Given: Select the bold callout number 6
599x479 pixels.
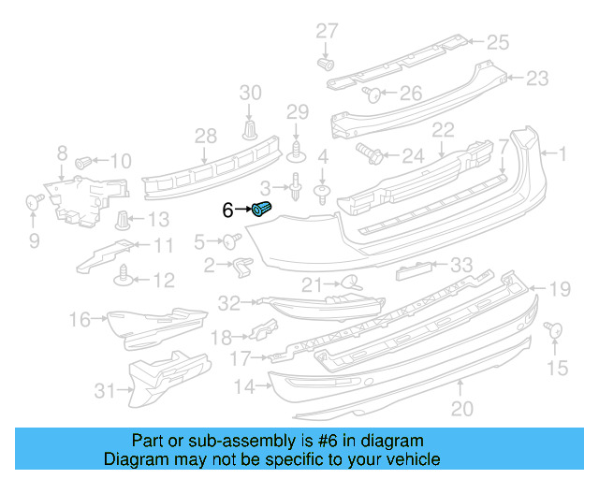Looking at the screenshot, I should point(227,210).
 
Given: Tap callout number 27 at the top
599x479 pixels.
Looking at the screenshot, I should point(326,31).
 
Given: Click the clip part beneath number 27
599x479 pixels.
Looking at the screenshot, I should point(327,64).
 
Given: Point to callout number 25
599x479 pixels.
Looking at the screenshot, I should point(497,41).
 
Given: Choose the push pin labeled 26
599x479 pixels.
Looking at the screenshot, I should point(370,93).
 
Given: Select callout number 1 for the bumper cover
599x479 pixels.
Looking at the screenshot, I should point(562,152).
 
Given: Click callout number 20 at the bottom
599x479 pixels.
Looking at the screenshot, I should point(461,408).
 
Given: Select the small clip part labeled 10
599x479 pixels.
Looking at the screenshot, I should point(83,161).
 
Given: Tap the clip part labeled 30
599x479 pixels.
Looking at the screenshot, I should point(250,128).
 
